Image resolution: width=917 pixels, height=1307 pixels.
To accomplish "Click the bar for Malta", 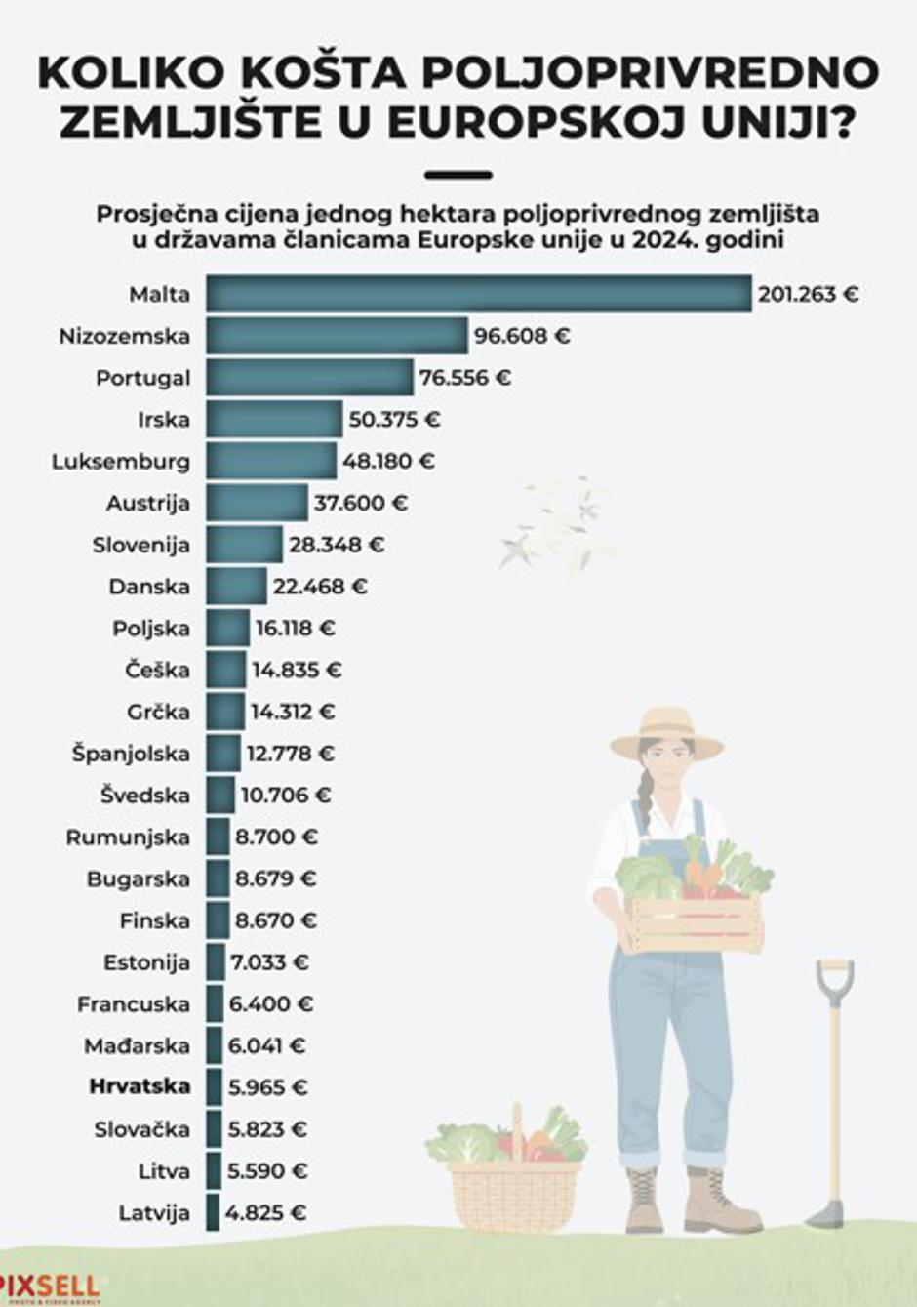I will [478, 294].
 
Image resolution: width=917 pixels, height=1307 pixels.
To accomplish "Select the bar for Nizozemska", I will [337, 336].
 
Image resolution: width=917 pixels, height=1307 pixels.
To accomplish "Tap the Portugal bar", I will [309, 378].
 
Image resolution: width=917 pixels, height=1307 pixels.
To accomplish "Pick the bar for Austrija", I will [257, 503].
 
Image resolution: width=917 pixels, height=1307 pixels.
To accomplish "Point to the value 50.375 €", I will [394, 420].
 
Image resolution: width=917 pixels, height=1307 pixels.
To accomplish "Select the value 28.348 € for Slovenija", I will [336, 545].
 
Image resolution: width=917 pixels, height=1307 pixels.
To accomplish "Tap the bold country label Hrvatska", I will [140, 1086].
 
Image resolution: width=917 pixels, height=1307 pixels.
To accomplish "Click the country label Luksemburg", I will [121, 461].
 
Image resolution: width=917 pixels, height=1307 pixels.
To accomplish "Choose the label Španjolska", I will [131, 754].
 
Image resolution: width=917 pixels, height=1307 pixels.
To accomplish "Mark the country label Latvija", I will [154, 1213].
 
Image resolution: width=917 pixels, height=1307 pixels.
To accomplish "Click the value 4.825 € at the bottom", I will [265, 1213].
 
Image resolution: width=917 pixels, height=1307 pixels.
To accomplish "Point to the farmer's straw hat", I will [666, 733].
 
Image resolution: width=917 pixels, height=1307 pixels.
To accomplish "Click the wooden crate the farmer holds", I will [695, 922].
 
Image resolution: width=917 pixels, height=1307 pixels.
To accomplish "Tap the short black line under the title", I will [458, 176].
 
